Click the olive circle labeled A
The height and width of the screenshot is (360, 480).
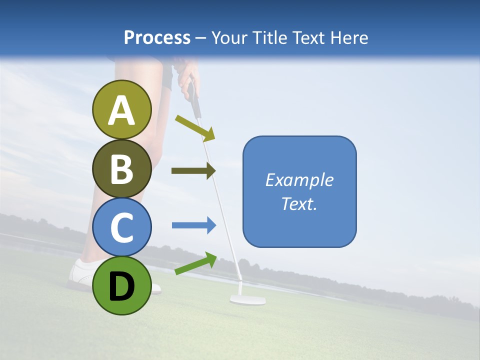(x=122, y=109)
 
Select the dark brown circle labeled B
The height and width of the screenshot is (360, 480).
(x=122, y=169)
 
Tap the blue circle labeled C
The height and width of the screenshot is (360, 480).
(x=122, y=227)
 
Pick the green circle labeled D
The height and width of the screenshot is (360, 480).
(x=122, y=285)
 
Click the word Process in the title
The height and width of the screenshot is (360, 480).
(x=157, y=37)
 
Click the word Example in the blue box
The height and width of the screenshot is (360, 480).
(x=299, y=180)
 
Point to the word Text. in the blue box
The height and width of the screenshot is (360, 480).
(x=299, y=203)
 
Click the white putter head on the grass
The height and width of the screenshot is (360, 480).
(x=247, y=300)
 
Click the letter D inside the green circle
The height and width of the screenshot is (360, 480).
(x=122, y=286)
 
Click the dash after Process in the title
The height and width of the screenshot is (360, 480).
(x=200, y=38)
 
